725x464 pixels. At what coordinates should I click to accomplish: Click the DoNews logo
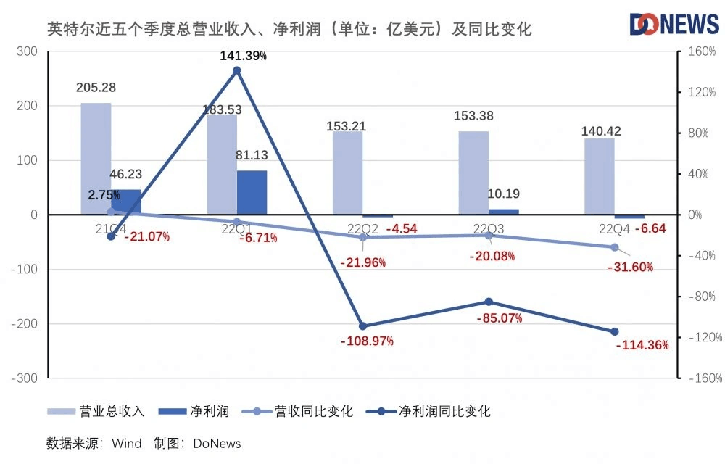(674, 24)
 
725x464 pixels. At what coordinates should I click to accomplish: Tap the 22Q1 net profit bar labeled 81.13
(252, 192)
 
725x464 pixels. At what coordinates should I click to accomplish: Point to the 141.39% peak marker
(236, 70)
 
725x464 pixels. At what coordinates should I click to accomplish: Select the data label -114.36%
(642, 345)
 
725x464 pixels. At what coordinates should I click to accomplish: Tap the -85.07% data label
(499, 318)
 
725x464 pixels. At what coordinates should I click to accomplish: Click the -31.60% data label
(630, 267)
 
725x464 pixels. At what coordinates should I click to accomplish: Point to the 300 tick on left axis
(27, 51)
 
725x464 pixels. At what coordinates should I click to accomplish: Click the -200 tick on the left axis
(23, 323)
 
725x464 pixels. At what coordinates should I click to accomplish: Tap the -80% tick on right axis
(701, 297)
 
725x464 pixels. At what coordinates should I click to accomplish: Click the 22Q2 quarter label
(362, 230)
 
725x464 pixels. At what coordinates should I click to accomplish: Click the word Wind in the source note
(127, 443)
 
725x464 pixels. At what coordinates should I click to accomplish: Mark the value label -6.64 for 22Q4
(650, 229)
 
